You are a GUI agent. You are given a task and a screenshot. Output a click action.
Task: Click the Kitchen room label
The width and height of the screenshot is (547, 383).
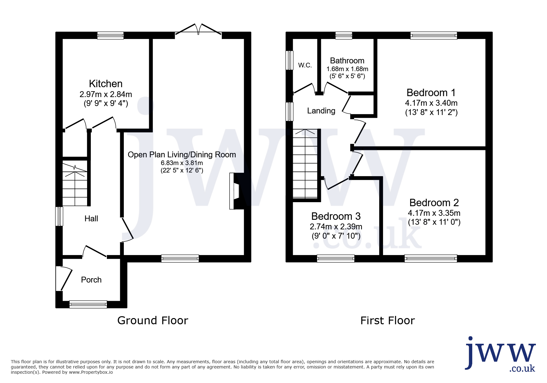[x=106, y=84]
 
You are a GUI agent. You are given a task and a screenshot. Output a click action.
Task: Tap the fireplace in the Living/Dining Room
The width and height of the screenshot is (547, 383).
[x=237, y=191]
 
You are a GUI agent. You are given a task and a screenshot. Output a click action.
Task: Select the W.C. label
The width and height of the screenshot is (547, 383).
[x=305, y=65]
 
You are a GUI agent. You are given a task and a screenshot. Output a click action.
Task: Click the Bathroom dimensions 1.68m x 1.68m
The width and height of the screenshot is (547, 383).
[x=347, y=69]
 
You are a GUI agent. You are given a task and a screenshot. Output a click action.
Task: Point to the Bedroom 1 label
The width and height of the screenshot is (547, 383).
[x=431, y=93]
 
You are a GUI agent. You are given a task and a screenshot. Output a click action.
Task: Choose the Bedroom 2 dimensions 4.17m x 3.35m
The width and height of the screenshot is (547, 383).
[x=434, y=213]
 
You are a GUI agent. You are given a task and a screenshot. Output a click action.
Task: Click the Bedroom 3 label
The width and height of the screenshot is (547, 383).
[x=336, y=216]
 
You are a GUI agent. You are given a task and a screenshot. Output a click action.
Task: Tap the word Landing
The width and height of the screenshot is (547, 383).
[x=321, y=111]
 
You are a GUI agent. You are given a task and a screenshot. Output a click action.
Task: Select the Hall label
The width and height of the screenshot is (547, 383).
[x=91, y=219]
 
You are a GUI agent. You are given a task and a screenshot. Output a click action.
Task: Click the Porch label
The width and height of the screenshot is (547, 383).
[x=91, y=280]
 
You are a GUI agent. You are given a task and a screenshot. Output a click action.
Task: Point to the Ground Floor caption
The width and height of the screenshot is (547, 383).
[x=153, y=321]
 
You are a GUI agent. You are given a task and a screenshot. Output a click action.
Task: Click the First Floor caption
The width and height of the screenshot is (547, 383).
[x=388, y=321]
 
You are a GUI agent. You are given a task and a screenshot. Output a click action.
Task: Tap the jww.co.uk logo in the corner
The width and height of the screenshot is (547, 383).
[x=500, y=354]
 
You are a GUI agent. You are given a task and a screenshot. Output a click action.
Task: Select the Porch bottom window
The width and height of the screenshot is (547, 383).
[x=88, y=304]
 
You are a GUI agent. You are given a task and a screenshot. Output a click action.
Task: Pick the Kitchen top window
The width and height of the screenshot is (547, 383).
[x=111, y=36]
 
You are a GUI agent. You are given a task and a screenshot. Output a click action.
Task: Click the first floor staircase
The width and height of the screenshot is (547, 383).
[x=305, y=164]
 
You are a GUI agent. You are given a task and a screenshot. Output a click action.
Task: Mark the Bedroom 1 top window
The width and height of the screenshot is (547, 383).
[x=434, y=36]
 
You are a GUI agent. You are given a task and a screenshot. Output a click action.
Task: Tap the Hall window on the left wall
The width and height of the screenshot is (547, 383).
[x=59, y=216]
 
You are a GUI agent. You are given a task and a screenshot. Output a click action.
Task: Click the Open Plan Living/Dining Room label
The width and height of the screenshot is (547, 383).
[x=182, y=155]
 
